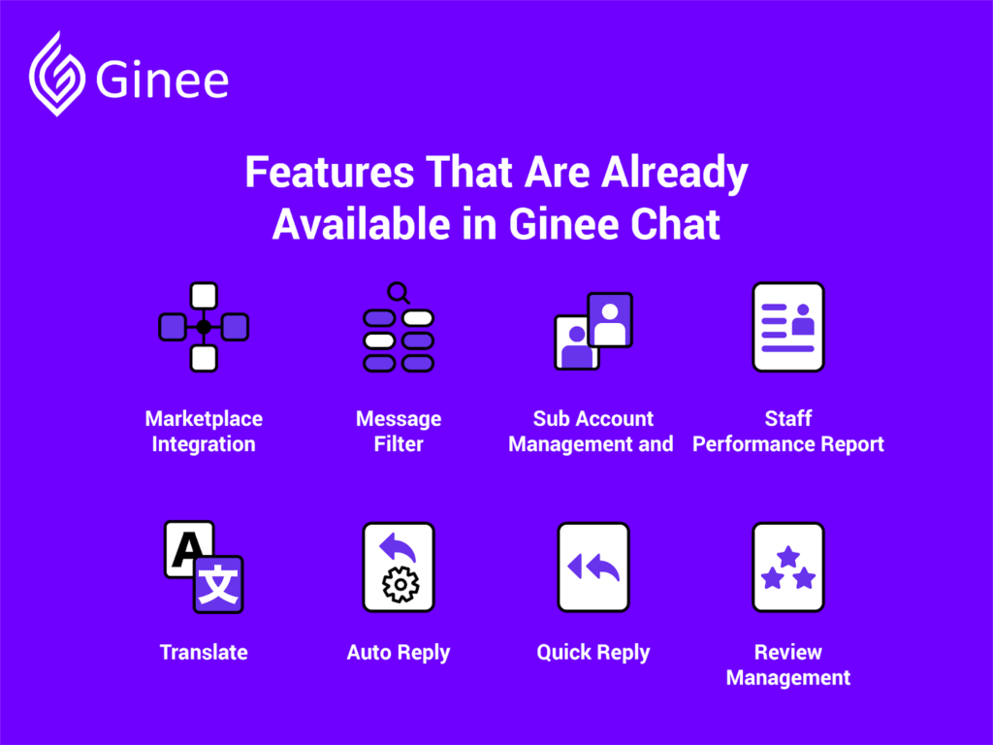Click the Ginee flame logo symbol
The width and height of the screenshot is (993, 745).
coord(57,75)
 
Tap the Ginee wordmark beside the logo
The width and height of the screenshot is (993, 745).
coord(162,80)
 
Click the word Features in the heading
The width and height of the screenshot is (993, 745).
coord(330,172)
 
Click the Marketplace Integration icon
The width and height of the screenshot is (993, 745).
coord(204,327)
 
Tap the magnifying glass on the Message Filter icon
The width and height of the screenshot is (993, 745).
coord(399,293)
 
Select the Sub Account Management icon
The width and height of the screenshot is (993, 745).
coord(593,331)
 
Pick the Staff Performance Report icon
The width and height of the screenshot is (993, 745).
coord(788,327)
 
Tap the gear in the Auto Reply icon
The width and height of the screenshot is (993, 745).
coord(400,584)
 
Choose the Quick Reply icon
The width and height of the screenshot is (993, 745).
coord(593,567)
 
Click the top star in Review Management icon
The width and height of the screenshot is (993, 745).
coord(788,557)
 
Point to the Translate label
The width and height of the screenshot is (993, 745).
coord(204,652)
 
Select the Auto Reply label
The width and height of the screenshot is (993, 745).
coord(399,653)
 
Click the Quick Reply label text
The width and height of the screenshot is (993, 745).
coord(593,653)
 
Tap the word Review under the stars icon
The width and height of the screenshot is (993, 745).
coord(788,652)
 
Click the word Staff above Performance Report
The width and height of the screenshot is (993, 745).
coord(788,418)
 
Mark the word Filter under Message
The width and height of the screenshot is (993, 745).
coord(399,443)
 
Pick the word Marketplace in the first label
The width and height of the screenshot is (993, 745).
coord(204,418)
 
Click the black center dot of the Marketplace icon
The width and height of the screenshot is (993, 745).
coord(204,327)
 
